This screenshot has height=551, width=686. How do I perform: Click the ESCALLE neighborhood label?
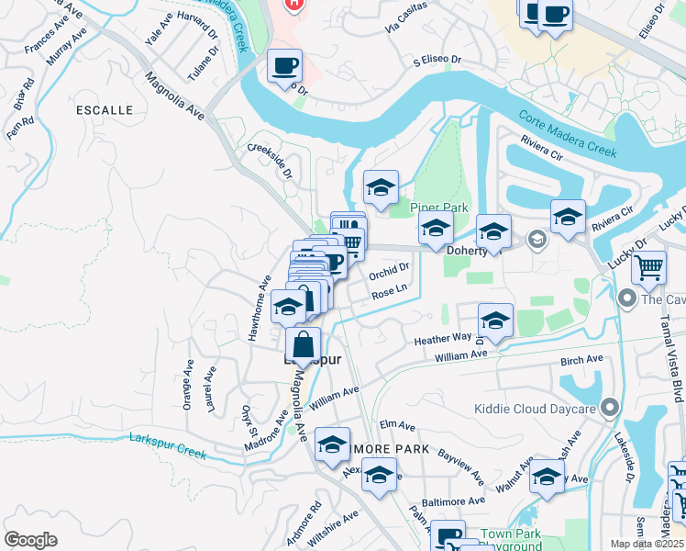tap(105, 110)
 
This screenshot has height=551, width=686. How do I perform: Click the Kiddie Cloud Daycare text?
tap(535, 410)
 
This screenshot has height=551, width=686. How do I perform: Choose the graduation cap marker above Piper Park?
tap(380, 188)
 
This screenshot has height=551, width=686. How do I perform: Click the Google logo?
tap(30, 540)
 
